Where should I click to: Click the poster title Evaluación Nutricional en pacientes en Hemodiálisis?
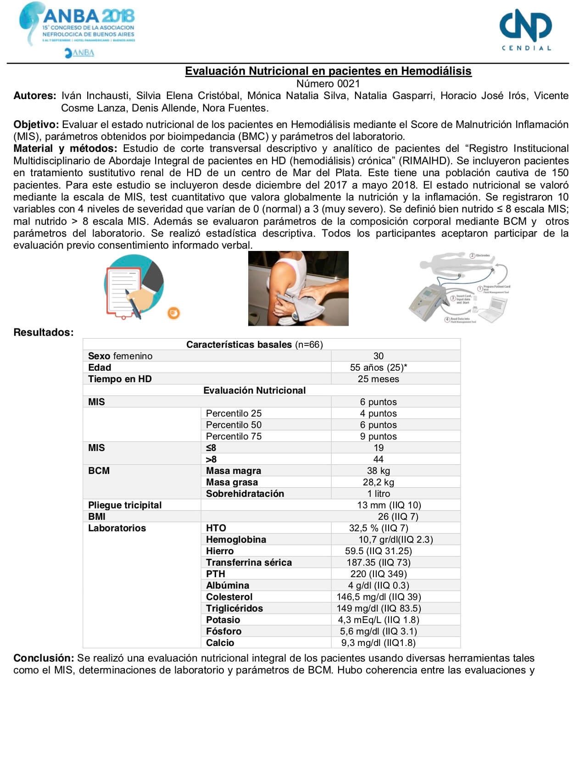point(328,71)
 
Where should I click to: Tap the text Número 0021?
point(328,83)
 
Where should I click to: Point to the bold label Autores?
point(35,96)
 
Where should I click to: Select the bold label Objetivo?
point(36,125)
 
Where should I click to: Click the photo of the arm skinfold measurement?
point(298,288)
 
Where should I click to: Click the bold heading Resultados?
point(44,333)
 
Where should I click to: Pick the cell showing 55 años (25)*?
point(379,367)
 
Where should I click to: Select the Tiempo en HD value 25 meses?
point(379,379)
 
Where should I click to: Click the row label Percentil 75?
point(234,436)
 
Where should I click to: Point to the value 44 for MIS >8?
point(379,459)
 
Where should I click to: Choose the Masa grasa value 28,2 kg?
point(379,482)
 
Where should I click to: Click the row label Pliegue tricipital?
point(125,505)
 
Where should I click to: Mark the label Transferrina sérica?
point(249,562)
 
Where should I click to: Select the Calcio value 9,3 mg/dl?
point(379,643)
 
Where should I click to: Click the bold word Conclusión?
point(44,658)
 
